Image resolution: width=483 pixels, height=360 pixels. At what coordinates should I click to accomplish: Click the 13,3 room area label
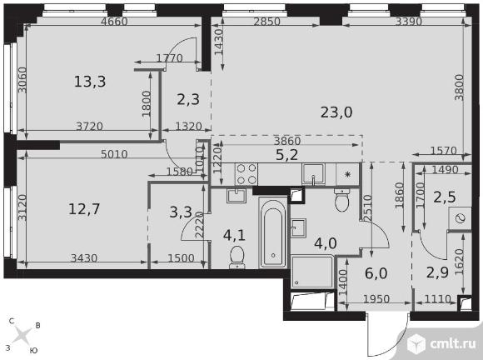tap(90, 82)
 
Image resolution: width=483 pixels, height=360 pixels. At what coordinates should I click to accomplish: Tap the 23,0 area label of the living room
tap(336, 112)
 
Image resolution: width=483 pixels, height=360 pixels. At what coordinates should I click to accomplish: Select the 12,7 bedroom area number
tap(84, 209)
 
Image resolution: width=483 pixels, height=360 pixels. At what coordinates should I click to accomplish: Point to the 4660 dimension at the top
tap(114, 22)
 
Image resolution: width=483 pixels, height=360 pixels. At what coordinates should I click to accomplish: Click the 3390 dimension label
tap(408, 22)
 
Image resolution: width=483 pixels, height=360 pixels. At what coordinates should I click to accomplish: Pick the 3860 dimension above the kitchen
tap(287, 141)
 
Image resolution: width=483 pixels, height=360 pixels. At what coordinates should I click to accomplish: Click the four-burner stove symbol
tap(246, 174)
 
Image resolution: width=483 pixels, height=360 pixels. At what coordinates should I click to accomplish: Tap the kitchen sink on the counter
tap(313, 174)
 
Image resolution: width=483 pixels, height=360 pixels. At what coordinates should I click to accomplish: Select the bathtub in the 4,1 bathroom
tap(273, 232)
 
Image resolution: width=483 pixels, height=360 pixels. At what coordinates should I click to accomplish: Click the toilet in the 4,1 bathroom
tap(237, 257)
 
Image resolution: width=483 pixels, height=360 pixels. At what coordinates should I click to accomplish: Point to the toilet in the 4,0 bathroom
tap(341, 200)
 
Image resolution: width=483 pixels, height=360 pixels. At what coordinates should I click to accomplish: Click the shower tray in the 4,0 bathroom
tap(312, 272)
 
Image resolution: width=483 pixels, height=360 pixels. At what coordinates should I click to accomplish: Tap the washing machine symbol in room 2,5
tap(460, 218)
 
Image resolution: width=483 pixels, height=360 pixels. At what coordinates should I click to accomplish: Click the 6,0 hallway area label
tap(376, 273)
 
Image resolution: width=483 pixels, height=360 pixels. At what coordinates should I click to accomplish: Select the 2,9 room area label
tap(437, 272)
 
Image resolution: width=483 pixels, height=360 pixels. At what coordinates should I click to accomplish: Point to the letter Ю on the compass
tap(34, 351)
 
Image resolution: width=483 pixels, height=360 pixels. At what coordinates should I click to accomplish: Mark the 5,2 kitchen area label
tap(286, 155)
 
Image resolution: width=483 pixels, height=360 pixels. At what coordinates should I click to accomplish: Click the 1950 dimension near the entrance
tap(376, 299)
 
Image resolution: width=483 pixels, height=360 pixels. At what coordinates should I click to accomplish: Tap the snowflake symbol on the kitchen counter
tap(348, 174)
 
